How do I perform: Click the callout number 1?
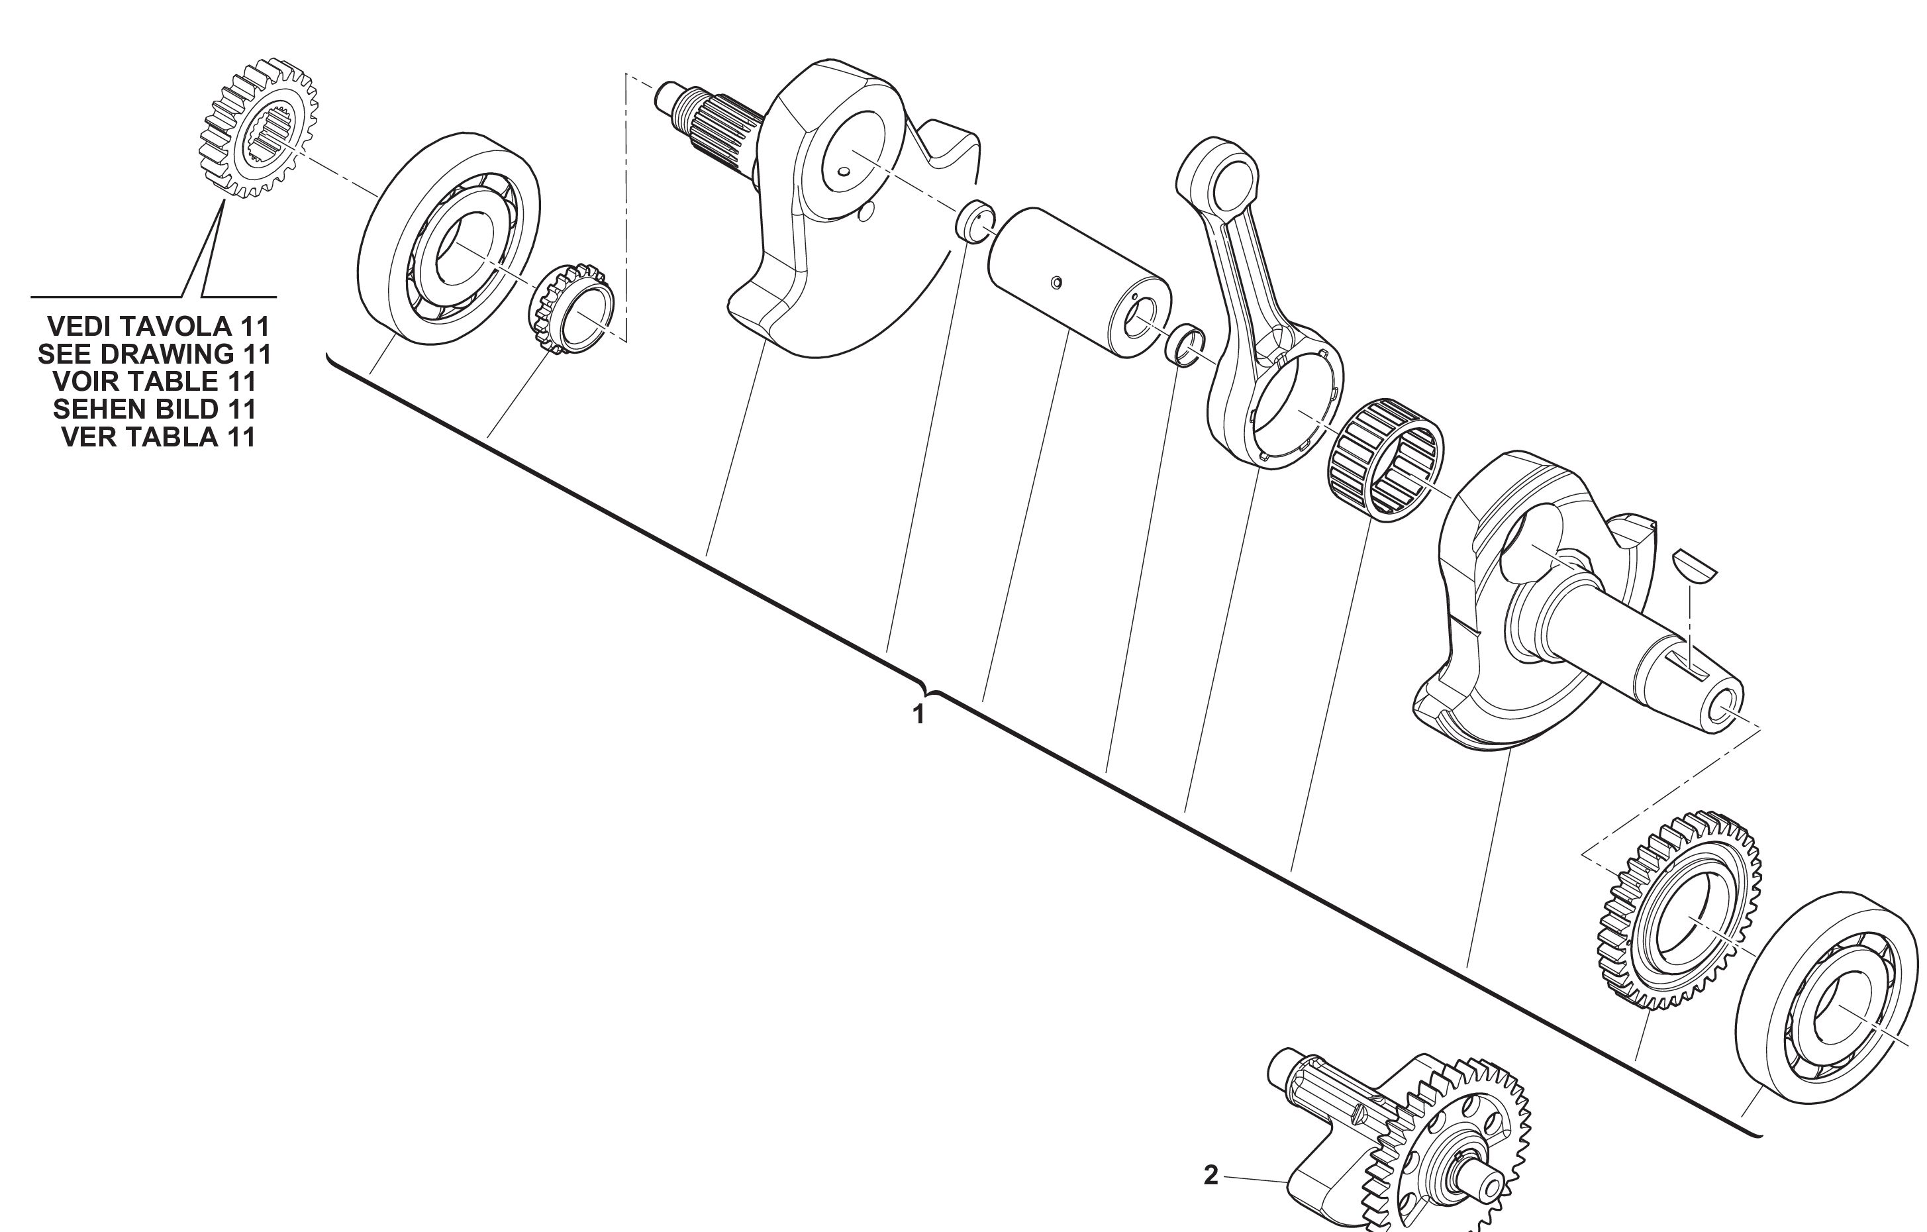pyautogui.click(x=918, y=714)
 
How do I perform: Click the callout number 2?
pyautogui.click(x=1211, y=1175)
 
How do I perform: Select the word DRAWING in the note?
pyautogui.click(x=166, y=354)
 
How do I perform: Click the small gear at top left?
pyautogui.click(x=258, y=128)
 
